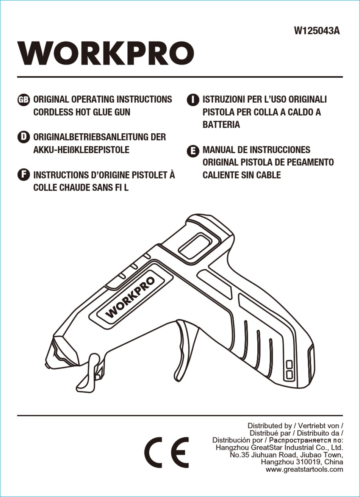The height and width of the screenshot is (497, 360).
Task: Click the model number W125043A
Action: point(317,31)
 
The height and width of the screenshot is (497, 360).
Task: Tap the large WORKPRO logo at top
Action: point(106,53)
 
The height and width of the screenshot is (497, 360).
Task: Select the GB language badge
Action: point(23,100)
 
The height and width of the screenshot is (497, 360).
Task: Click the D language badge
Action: point(23,137)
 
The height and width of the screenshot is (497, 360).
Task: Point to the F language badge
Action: point(23,175)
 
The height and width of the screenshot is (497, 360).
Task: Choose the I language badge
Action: point(193,100)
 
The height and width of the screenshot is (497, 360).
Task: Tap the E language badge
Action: point(193,151)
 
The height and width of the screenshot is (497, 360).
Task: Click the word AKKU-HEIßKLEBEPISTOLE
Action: point(81,150)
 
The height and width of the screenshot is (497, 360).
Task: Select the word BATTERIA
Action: point(221,125)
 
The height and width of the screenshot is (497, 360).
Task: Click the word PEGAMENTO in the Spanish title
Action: point(310,162)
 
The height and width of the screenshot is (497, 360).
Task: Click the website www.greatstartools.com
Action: point(304,469)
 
